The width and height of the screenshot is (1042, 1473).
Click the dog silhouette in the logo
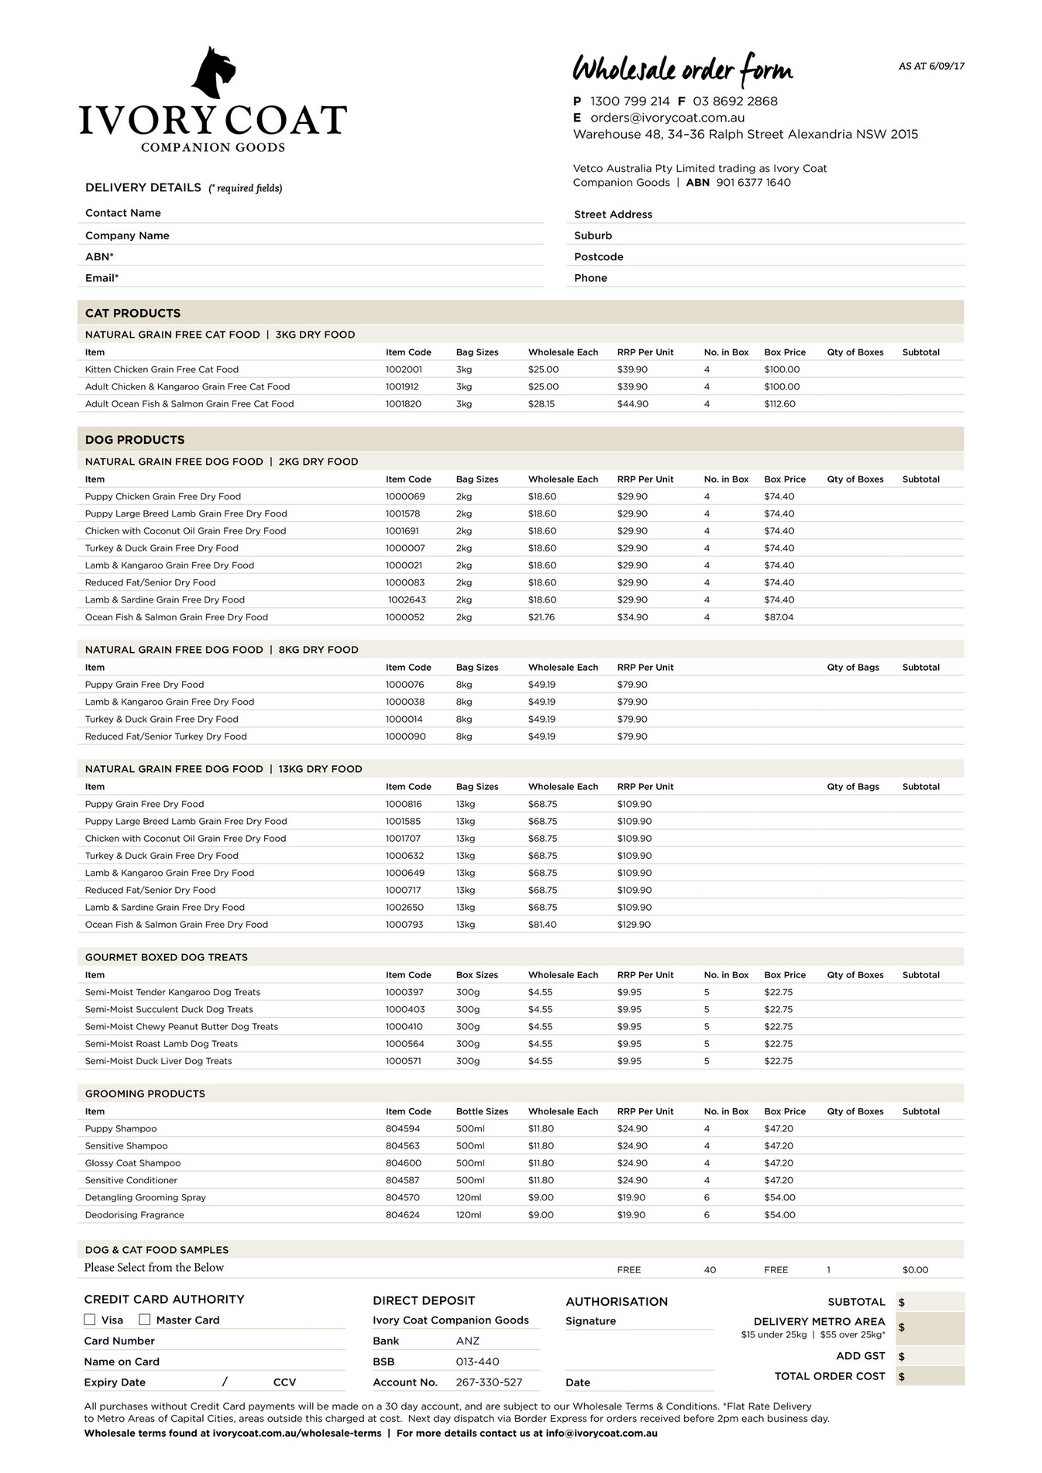213,74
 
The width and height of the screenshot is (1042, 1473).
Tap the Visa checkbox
90,1320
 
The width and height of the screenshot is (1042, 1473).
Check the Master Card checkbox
145,1320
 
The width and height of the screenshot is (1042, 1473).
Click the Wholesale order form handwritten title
683,70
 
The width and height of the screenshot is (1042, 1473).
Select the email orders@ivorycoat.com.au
667,118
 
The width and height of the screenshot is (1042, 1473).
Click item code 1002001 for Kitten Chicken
404,369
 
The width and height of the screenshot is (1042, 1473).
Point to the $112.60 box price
779,403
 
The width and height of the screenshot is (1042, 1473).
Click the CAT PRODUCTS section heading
132,313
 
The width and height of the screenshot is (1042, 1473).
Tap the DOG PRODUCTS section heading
135,440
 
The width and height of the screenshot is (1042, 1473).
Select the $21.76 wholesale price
542,617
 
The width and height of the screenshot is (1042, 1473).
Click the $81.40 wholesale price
542,925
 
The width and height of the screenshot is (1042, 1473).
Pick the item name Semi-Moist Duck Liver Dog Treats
158,1061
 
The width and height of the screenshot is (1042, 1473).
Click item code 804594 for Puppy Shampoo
404,1128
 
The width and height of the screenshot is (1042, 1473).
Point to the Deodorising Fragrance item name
135,1214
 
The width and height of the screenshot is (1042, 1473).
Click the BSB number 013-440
477,1361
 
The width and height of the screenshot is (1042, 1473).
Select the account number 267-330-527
489,1382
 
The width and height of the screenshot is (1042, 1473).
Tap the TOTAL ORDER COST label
829,1376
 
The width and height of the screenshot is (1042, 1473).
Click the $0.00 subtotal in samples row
915,1270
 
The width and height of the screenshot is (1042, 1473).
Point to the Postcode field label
598,257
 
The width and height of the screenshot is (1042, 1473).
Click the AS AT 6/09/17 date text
931,67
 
